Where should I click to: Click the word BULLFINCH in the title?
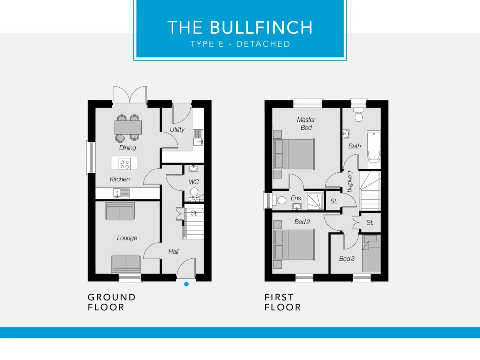click(x=261, y=27)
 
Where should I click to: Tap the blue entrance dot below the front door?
click(x=186, y=284)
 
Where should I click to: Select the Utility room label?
click(x=177, y=129)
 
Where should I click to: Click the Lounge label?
click(x=127, y=238)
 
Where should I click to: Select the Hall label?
click(x=173, y=252)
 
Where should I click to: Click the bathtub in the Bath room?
click(x=374, y=150)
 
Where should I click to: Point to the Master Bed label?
click(x=306, y=123)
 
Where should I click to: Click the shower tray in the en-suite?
click(x=315, y=201)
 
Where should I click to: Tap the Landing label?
click(x=350, y=181)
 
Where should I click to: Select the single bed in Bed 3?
click(x=371, y=254)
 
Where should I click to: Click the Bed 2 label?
click(x=302, y=222)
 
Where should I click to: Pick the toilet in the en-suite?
click(x=279, y=200)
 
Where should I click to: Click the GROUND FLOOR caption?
click(x=112, y=302)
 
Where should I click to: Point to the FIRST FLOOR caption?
click(x=282, y=302)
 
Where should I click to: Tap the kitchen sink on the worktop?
click(x=121, y=193)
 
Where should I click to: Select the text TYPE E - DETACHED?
click(x=240, y=44)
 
